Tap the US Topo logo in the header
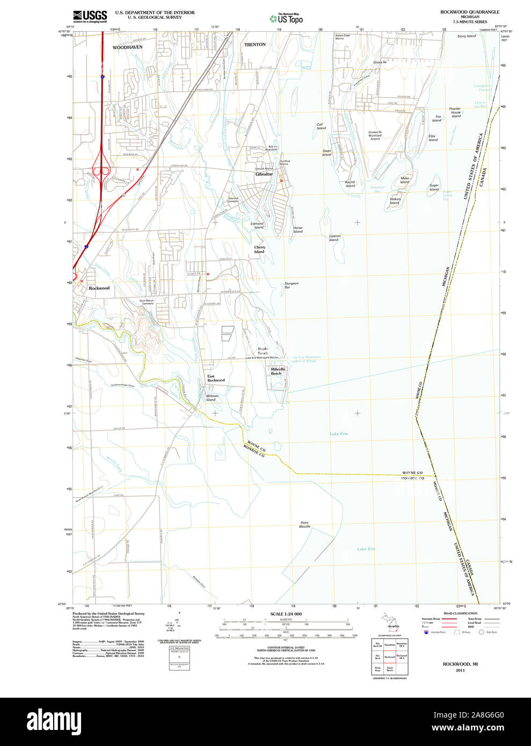(286, 18)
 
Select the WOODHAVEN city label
(127, 47)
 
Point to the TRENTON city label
(255, 45)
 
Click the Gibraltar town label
(264, 174)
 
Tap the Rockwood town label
(99, 288)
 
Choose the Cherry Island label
(259, 250)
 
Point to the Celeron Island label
(334, 238)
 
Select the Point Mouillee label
(305, 525)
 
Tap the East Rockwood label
(216, 378)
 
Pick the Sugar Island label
(434, 187)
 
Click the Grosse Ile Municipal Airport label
(375, 135)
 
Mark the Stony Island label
(467, 36)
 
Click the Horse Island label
(298, 229)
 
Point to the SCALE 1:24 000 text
(286, 614)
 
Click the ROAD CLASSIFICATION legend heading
(460, 613)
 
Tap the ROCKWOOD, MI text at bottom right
(460, 664)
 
